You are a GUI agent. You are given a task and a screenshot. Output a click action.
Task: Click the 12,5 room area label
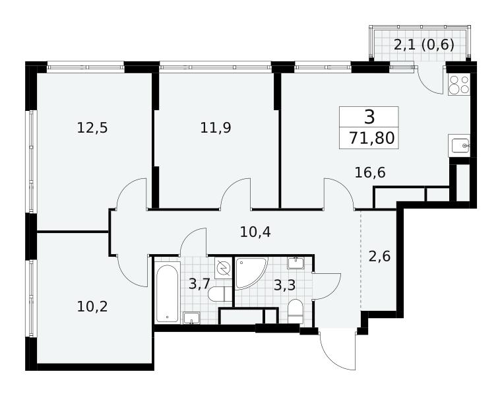[x=92, y=128]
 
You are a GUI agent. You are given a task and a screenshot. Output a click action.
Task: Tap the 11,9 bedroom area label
[x=216, y=128]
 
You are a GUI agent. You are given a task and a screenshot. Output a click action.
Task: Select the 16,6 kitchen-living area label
[x=370, y=173]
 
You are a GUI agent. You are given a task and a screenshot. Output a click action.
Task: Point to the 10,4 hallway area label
[x=255, y=232]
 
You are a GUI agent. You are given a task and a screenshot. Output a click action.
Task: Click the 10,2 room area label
[x=92, y=307]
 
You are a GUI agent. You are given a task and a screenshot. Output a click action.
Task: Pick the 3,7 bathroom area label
[x=199, y=284]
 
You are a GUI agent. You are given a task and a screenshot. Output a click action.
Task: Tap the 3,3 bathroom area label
[x=284, y=285]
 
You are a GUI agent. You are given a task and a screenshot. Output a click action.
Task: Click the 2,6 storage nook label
[x=380, y=256]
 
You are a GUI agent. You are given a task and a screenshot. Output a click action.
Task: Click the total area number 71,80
[x=371, y=139]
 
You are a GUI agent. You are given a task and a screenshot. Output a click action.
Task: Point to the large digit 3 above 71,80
[x=369, y=117]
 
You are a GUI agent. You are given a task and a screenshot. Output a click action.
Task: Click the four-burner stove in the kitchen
[x=458, y=84]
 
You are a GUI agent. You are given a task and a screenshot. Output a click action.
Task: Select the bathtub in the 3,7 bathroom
[x=167, y=293]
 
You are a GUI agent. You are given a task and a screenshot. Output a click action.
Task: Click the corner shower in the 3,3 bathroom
[x=250, y=273]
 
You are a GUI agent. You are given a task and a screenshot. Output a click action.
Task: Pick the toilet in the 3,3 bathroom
[x=295, y=311]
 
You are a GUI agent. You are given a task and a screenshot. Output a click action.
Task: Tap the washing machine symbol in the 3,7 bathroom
[x=224, y=267]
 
